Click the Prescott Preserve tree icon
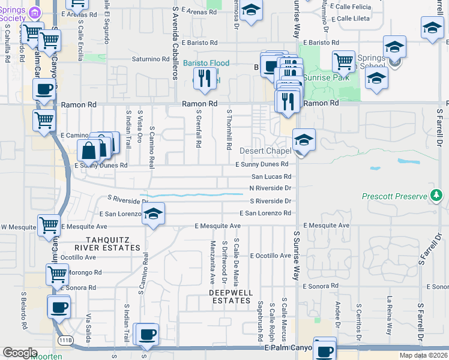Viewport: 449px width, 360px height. coord(436,196)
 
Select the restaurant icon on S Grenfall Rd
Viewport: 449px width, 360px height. coord(205,78)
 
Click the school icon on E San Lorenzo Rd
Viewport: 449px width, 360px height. coord(154,215)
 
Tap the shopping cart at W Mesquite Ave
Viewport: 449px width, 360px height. coord(49,226)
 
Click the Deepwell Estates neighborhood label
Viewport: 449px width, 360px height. coord(228,296)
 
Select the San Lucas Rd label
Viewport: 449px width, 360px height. coord(271,176)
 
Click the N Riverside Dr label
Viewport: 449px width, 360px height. coord(270,188)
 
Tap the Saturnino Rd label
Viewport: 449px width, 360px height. coord(151,59)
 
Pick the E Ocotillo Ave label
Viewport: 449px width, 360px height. coord(270,256)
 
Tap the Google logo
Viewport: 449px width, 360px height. coord(20,352)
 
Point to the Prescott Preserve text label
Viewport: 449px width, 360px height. coord(394,196)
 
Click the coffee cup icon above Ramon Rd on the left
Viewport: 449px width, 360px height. coord(43,89)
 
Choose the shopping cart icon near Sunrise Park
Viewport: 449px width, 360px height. coord(343,60)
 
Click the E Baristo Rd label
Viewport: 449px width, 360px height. coord(321,43)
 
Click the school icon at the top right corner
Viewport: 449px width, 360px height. coord(432,28)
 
